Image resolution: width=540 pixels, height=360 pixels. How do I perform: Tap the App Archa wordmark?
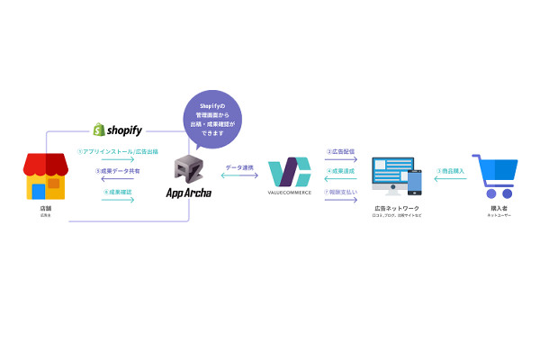point(190,193)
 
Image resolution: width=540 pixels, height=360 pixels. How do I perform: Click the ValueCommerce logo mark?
point(289,171)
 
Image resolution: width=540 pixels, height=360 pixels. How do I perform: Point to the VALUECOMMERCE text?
point(289,192)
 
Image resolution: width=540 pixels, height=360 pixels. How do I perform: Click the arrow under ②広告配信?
point(340,159)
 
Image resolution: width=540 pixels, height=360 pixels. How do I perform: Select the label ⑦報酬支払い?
point(340,191)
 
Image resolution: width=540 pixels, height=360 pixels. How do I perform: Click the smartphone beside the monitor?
point(416,183)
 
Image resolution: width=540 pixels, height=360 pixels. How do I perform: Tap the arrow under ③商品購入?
point(451,180)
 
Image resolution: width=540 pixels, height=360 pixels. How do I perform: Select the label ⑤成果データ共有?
point(117,170)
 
